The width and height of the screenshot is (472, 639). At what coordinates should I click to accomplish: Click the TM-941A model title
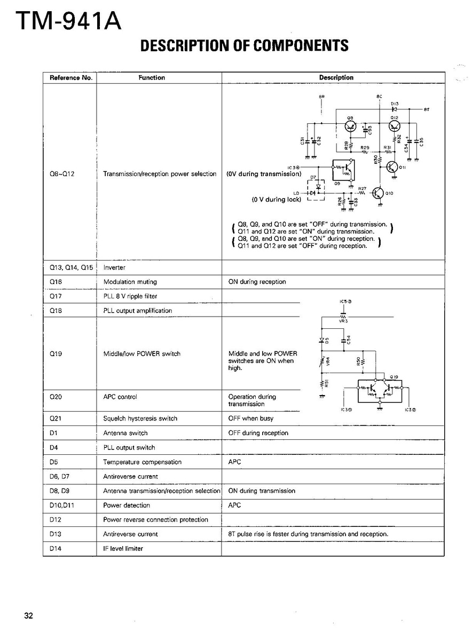pyautogui.click(x=68, y=21)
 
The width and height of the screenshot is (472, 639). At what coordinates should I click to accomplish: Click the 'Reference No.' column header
pyautogui.click(x=71, y=78)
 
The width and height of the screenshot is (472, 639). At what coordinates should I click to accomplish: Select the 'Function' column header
pyautogui.click(x=152, y=78)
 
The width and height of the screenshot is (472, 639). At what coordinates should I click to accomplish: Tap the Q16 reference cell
pyautogui.click(x=56, y=282)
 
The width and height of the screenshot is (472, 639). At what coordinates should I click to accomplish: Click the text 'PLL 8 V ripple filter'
pyautogui.click(x=130, y=296)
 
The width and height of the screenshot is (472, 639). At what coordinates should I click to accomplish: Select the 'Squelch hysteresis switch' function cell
pyautogui.click(x=140, y=419)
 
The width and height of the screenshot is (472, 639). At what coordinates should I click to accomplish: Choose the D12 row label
pyautogui.click(x=56, y=519)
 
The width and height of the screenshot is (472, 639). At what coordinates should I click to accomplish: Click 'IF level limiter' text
pyautogui.click(x=123, y=548)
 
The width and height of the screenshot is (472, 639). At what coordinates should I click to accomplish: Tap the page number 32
pyautogui.click(x=28, y=616)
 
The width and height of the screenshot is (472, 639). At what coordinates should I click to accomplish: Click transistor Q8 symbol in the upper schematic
pyautogui.click(x=350, y=126)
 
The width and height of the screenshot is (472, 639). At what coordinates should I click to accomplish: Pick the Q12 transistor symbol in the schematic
pyautogui.click(x=395, y=126)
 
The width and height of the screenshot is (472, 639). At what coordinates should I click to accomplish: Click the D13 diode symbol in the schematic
pyautogui.click(x=395, y=109)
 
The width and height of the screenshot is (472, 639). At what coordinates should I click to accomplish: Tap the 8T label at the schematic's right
pyautogui.click(x=426, y=109)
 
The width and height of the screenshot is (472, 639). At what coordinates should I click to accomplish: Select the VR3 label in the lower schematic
pyautogui.click(x=343, y=321)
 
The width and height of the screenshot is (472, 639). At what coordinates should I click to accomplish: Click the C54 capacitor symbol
pyautogui.click(x=343, y=340)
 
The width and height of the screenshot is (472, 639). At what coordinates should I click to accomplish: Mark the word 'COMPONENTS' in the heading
pyautogui.click(x=301, y=46)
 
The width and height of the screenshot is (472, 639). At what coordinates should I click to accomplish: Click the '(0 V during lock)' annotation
pyautogui.click(x=277, y=200)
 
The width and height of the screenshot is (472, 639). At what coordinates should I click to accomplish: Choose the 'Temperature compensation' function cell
pyautogui.click(x=142, y=462)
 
